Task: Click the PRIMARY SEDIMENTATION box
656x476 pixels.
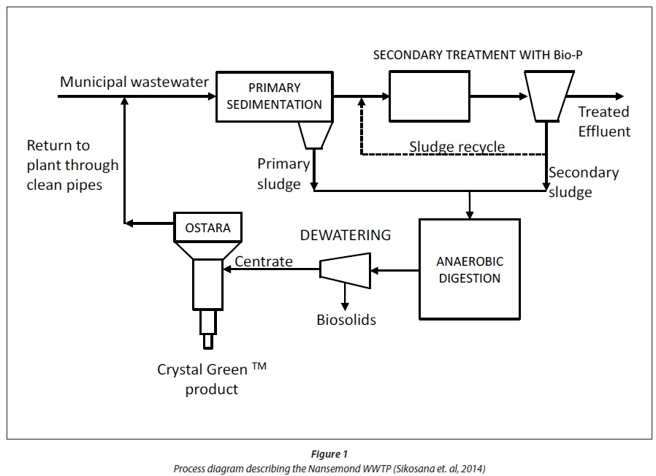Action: click(274, 96)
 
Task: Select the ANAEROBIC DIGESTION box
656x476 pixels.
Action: click(470, 269)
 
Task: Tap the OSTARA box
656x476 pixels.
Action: click(207, 228)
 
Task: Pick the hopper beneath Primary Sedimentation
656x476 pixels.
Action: click(313, 135)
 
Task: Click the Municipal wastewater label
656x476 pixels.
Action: click(134, 82)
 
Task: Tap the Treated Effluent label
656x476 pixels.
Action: click(604, 121)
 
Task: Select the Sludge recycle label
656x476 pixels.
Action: click(457, 147)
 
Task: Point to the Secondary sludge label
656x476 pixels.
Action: click(583, 183)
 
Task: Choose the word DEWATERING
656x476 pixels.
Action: click(346, 235)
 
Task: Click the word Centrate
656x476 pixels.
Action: click(263, 261)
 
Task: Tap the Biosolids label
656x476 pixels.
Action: click(346, 319)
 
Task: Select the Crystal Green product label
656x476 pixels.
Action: click(212, 378)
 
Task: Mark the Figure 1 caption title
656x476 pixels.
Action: click(328, 455)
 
